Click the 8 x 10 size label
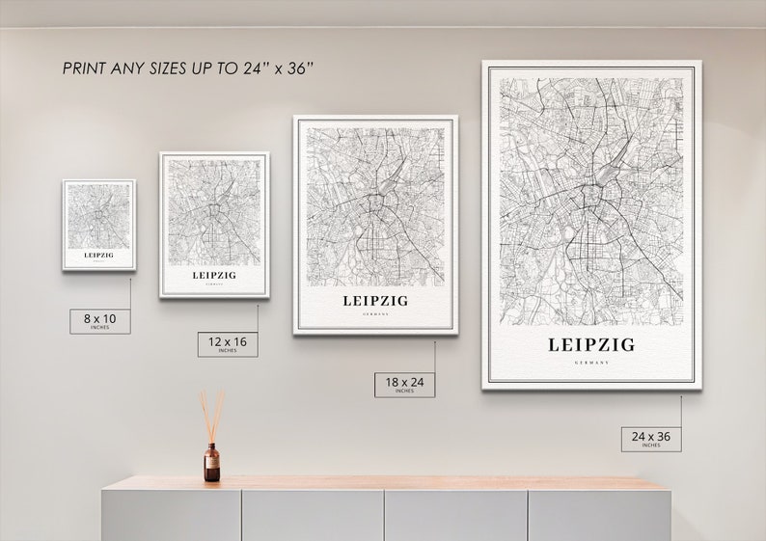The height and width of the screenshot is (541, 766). tap(99, 320)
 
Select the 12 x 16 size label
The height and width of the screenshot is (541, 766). tap(228, 344)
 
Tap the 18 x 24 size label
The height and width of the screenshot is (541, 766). tap(404, 385)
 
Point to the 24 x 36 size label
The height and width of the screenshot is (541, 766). tap(651, 439)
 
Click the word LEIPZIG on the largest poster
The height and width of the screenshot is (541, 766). tap(591, 344)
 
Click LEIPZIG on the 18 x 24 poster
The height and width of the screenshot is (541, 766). tap(375, 301)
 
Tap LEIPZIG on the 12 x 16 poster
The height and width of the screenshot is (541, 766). tap(214, 275)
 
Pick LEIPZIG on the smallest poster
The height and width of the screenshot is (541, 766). tap(98, 256)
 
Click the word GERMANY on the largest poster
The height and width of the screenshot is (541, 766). tap(591, 363)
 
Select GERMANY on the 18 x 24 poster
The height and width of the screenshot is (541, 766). tap(375, 314)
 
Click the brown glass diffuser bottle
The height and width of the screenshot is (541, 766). tap(211, 463)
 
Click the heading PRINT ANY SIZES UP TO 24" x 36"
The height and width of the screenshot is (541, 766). tap(189, 68)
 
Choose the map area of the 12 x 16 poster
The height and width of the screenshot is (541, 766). tap(214, 211)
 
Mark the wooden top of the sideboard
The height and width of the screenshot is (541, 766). tap(386, 482)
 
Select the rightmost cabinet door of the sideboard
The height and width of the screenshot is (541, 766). tap(598, 516)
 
